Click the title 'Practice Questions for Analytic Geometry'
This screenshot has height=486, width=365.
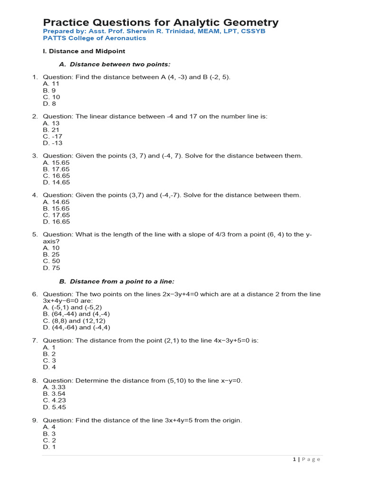point(161,22)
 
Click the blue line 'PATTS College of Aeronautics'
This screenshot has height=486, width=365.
point(95,38)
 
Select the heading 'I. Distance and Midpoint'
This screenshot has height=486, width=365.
point(84,51)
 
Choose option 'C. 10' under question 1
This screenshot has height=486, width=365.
point(51,97)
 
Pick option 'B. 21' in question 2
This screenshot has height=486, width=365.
point(51,130)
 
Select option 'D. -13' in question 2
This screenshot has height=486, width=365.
point(52,143)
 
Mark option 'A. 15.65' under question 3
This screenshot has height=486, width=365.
point(56,162)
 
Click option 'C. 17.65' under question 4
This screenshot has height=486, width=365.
point(56,215)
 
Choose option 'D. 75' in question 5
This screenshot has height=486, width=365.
point(51,268)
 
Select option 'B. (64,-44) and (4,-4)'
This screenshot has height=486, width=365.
point(77,314)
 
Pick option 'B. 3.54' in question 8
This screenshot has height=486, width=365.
point(54,393)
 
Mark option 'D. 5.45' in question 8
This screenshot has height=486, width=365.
point(54,407)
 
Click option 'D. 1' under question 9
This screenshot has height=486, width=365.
point(49,447)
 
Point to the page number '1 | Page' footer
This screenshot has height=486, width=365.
point(307,459)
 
